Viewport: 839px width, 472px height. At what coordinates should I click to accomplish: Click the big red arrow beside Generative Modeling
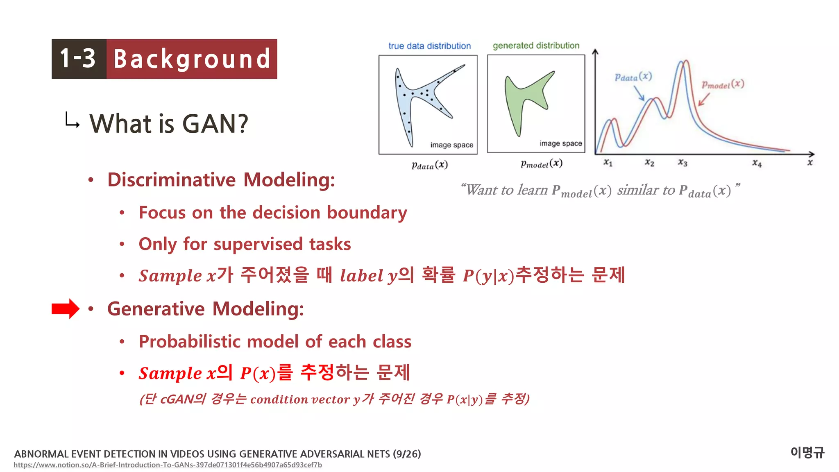click(x=65, y=309)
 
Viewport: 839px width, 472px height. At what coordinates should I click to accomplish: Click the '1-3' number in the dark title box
click(x=78, y=59)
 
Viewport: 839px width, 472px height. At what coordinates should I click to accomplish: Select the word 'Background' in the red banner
click(x=192, y=59)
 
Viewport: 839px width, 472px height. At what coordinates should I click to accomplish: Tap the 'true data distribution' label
click(x=429, y=46)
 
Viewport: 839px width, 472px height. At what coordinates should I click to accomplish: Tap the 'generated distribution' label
click(x=536, y=45)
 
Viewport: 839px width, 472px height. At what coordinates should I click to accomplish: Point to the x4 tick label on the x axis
click(x=757, y=163)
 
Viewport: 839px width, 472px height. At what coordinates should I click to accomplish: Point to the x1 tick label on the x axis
click(x=608, y=163)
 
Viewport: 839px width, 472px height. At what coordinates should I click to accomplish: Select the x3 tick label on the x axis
click(x=683, y=163)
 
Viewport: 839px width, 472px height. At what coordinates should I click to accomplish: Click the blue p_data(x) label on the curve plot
click(x=633, y=77)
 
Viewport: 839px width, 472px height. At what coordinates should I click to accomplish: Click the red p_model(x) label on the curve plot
click(x=723, y=84)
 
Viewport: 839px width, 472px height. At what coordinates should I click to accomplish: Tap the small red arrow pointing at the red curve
click(x=704, y=100)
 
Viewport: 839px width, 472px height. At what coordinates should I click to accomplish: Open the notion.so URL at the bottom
click(x=168, y=465)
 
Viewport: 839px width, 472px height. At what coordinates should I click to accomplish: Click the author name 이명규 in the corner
click(x=807, y=452)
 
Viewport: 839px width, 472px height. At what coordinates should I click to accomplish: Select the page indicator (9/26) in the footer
click(x=406, y=454)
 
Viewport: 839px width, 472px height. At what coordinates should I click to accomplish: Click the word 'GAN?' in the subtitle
click(x=215, y=123)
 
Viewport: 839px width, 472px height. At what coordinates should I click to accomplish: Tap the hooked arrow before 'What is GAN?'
click(x=72, y=120)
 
